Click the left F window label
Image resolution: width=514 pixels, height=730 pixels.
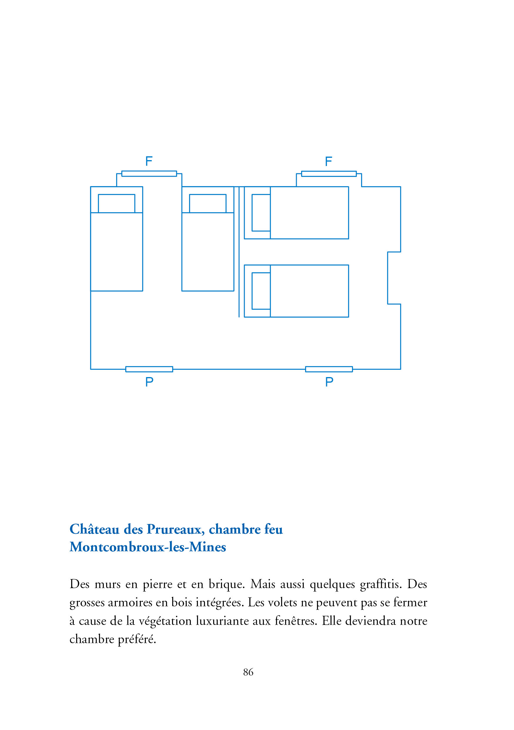point(149,161)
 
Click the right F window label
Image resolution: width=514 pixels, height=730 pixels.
point(328,161)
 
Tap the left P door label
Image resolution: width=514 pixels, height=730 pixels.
point(149,381)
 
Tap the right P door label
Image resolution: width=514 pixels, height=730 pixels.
point(329,381)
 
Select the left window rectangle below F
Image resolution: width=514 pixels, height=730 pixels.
point(149,174)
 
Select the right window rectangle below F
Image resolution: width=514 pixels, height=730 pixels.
point(329,174)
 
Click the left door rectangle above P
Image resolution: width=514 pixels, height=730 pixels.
point(149,369)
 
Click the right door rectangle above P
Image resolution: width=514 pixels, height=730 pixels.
point(329,369)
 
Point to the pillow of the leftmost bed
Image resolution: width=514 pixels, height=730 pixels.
point(116,203)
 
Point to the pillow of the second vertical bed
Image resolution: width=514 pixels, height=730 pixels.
point(208,203)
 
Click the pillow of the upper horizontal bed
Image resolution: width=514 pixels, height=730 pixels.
point(261,213)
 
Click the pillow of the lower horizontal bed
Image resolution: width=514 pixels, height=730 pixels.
point(261,291)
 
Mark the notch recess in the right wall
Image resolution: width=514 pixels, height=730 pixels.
point(394,278)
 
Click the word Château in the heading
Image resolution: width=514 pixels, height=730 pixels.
point(94,529)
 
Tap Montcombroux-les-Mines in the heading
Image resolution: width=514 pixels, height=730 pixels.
point(148,547)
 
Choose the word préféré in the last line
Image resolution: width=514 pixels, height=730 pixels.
point(137,639)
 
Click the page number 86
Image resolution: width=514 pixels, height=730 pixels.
point(248,672)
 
